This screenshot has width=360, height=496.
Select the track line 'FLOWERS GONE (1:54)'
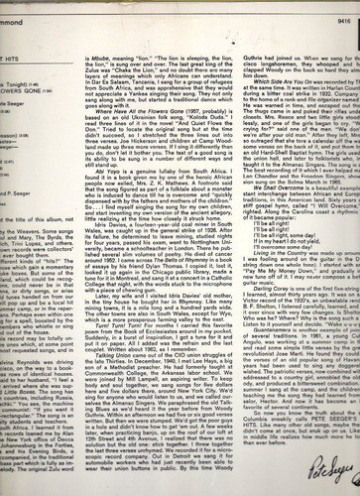30,62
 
